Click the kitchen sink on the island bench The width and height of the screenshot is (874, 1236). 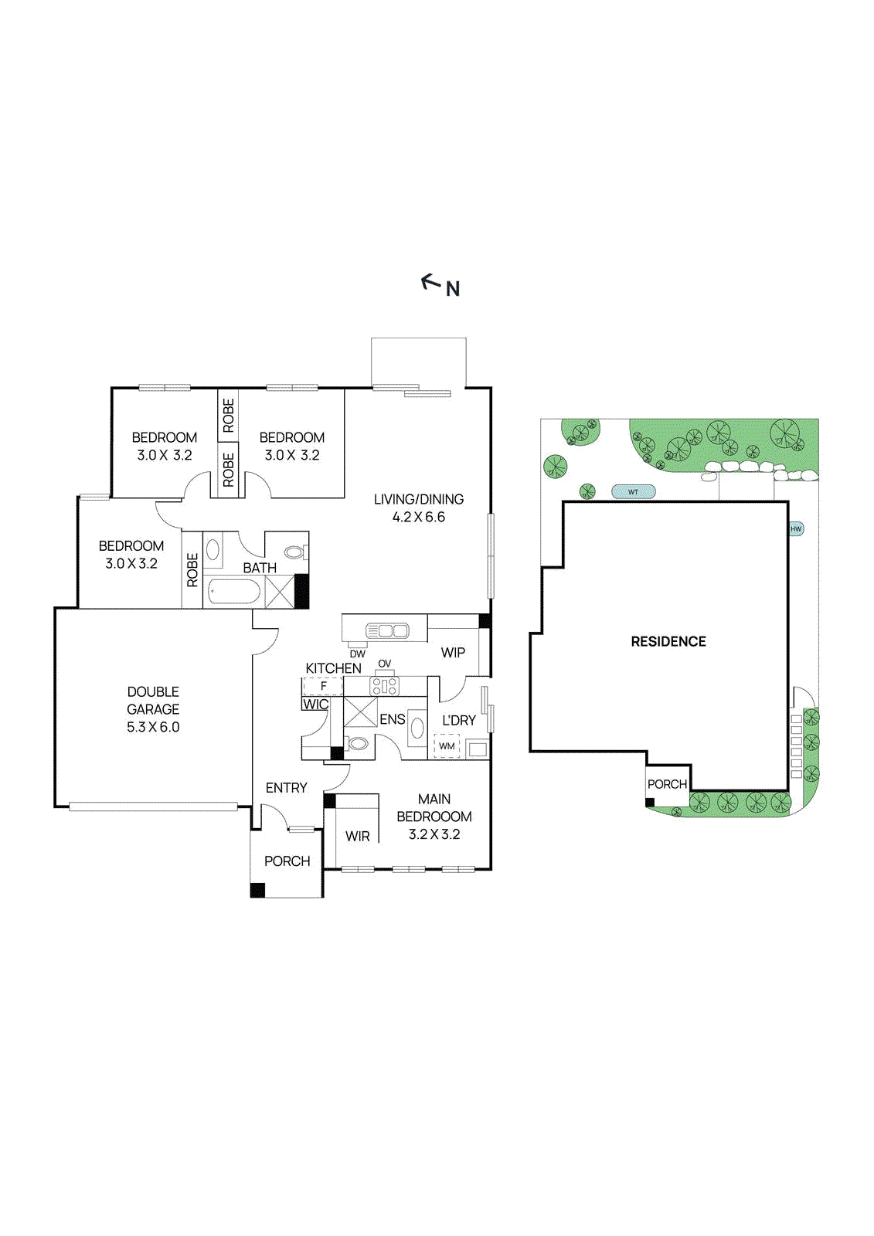[x=387, y=631]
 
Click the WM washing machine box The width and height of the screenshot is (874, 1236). [x=447, y=746]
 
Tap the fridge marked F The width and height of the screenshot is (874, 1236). [x=323, y=686]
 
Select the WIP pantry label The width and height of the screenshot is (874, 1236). [x=453, y=653]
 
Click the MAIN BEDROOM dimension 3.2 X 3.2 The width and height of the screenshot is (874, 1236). [x=434, y=834]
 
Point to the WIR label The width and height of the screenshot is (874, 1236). [x=357, y=836]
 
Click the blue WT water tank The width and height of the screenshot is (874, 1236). [x=634, y=492]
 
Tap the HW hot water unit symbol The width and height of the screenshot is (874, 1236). [x=796, y=529]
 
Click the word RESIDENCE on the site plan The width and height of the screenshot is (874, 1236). [x=668, y=641]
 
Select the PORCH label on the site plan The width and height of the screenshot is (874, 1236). [x=667, y=784]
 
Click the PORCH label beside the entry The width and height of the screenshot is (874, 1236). [x=287, y=861]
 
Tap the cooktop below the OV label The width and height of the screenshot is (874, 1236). [x=384, y=686]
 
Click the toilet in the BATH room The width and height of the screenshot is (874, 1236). [x=294, y=552]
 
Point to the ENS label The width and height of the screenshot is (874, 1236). [x=392, y=719]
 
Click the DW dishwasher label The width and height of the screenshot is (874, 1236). [x=357, y=654]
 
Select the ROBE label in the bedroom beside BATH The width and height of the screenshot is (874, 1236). [x=192, y=569]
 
